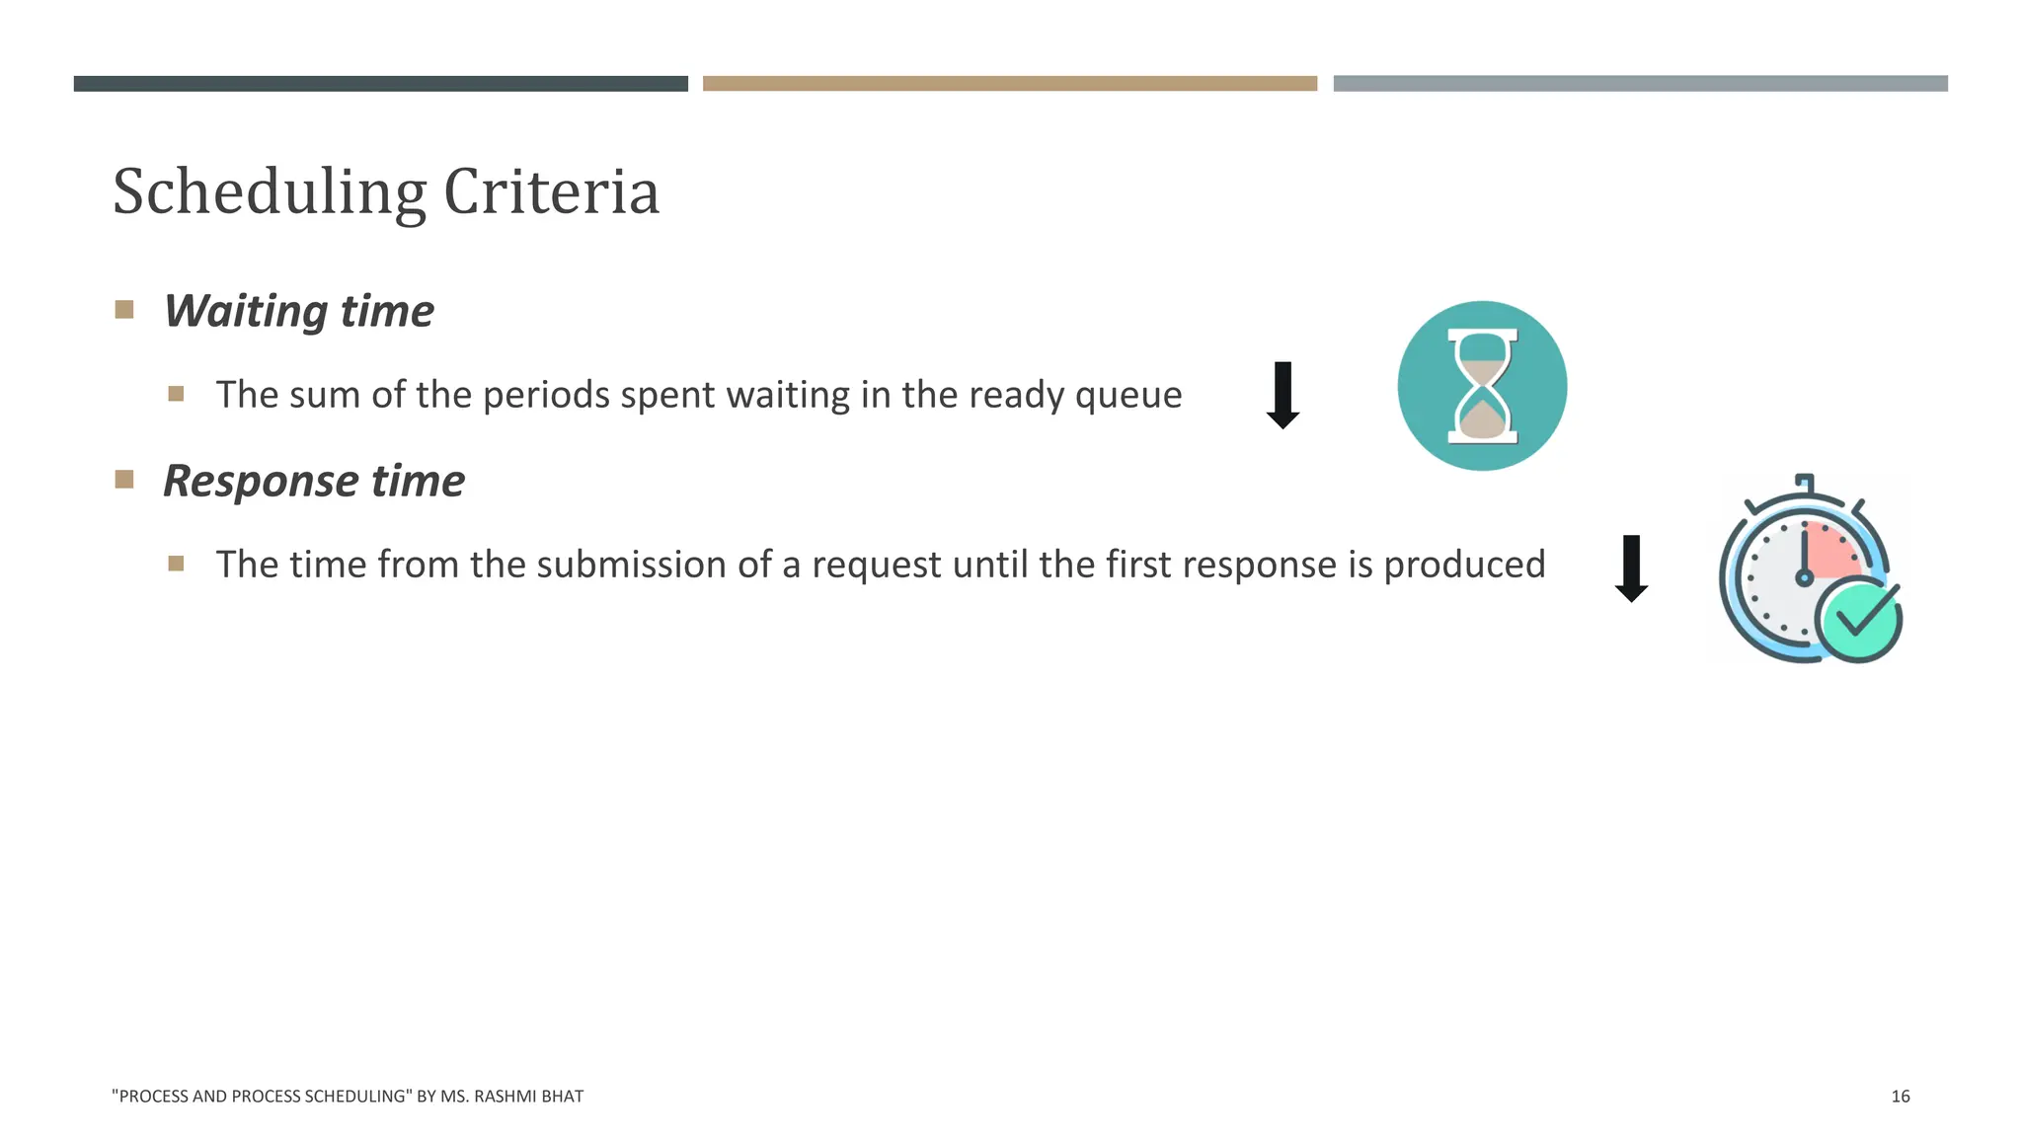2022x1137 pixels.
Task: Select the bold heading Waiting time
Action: tap(298, 311)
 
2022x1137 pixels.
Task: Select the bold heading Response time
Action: tap(313, 481)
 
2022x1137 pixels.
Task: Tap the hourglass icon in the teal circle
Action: tap(1482, 386)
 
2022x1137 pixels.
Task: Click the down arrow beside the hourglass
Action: tap(1283, 395)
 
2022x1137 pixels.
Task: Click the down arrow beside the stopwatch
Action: tap(1631, 568)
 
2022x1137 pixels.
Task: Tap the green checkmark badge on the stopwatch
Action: tap(1859, 619)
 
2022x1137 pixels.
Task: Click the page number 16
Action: tap(1900, 1097)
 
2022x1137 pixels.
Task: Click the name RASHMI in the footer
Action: tap(504, 1097)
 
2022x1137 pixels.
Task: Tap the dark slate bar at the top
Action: tap(380, 84)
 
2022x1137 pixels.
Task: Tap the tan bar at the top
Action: tap(1010, 84)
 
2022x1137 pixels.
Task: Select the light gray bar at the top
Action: tap(1640, 84)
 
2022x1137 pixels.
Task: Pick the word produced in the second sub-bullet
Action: tap(1464, 565)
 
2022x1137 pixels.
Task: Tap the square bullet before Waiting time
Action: tap(124, 310)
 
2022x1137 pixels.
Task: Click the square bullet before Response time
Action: tap(124, 480)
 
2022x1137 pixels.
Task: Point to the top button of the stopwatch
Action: tap(1805, 482)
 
